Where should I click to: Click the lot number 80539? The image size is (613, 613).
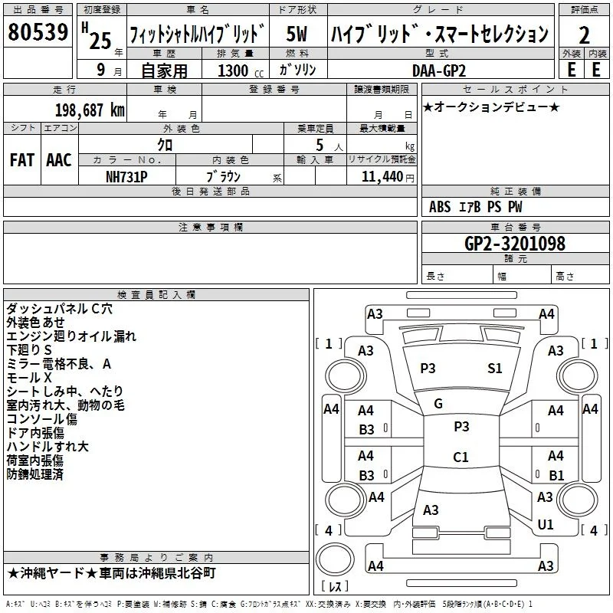[x=38, y=32]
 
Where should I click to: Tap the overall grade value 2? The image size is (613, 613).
[x=584, y=35]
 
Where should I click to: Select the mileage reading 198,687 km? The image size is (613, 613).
[x=90, y=110]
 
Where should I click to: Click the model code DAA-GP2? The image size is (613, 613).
[x=439, y=70]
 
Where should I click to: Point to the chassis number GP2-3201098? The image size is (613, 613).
[x=515, y=243]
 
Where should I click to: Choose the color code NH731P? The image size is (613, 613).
[x=126, y=177]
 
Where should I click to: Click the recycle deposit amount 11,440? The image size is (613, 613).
[x=382, y=177]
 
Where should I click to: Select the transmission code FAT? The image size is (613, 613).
[x=22, y=160]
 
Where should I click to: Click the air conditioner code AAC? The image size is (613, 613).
[x=59, y=160]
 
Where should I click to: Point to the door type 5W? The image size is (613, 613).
[x=297, y=34]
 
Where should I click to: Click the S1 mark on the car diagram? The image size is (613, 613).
[x=494, y=369]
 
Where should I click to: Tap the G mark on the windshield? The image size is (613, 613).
[x=438, y=404]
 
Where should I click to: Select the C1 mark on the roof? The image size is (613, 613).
[x=461, y=457]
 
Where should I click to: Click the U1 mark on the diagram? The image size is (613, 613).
[x=546, y=524]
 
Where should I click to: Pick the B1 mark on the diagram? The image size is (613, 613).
[x=556, y=475]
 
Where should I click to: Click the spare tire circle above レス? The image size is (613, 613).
[x=335, y=560]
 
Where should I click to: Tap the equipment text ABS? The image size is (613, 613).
[x=440, y=207]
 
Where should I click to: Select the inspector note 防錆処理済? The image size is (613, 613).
[x=34, y=474]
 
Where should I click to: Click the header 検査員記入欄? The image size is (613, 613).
[x=156, y=295]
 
